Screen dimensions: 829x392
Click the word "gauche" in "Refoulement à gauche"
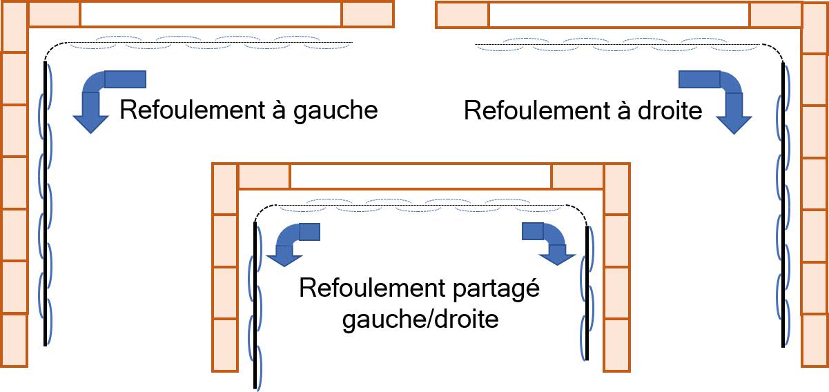point(335,110)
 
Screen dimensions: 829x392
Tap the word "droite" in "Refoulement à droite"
point(670,110)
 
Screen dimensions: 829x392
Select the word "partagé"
point(496,289)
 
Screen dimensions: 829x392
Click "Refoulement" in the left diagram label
point(193,110)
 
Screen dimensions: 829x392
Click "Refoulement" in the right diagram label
point(536,110)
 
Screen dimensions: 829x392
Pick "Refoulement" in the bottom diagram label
point(372,288)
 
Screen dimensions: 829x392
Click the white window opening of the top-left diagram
point(211,14)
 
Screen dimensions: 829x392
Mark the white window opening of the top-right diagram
point(620,14)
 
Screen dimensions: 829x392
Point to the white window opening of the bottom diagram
point(421,176)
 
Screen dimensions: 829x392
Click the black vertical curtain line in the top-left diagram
point(45,204)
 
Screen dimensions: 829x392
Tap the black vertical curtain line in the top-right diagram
point(783,205)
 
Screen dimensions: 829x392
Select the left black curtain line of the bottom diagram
point(255,305)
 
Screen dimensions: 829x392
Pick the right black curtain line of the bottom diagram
point(587,293)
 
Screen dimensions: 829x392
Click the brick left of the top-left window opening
point(54,14)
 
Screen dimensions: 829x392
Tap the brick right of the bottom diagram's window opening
point(577,176)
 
